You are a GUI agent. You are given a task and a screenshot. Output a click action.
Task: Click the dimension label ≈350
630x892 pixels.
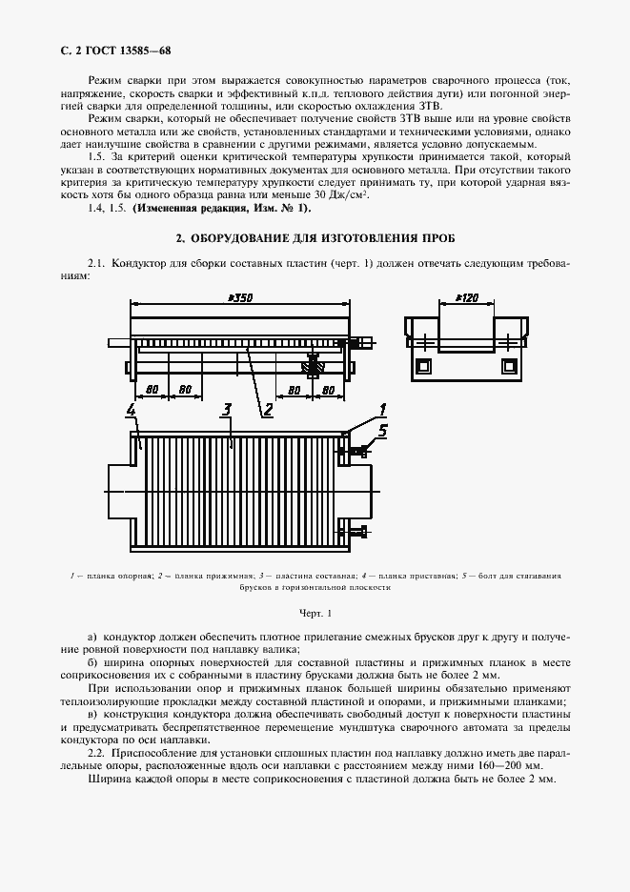pyautogui.click(x=239, y=298)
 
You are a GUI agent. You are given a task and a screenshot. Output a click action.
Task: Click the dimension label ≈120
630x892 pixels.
pyautogui.click(x=466, y=298)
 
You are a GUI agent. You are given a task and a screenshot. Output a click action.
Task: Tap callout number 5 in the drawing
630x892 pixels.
pyautogui.click(x=382, y=429)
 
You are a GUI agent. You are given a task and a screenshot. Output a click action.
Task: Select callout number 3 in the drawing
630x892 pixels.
pyautogui.click(x=226, y=410)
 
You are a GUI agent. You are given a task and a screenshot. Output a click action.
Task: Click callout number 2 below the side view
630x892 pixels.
pyautogui.click(x=268, y=410)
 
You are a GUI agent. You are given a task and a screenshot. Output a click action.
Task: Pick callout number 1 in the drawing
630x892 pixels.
pyautogui.click(x=381, y=409)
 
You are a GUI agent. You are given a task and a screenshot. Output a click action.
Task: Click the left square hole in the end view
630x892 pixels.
pyautogui.click(x=422, y=365)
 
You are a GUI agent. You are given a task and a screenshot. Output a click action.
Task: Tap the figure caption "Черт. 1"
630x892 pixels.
pyautogui.click(x=315, y=612)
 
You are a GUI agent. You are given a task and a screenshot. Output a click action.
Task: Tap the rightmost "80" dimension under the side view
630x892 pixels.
pyautogui.click(x=327, y=389)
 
